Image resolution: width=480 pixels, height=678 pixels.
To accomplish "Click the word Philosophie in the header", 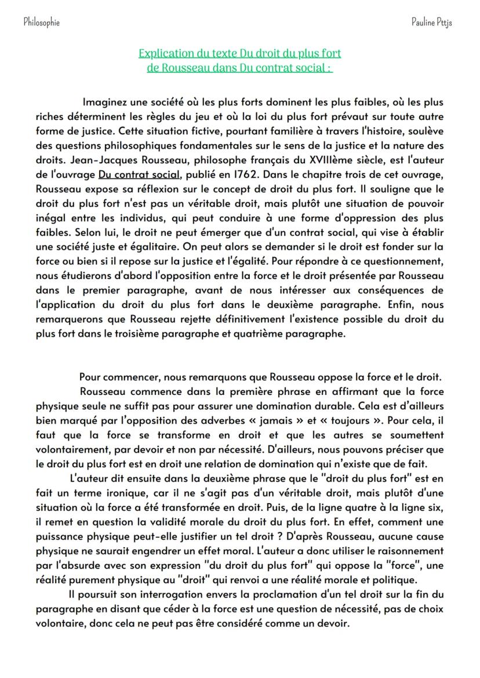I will click(x=41, y=22).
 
